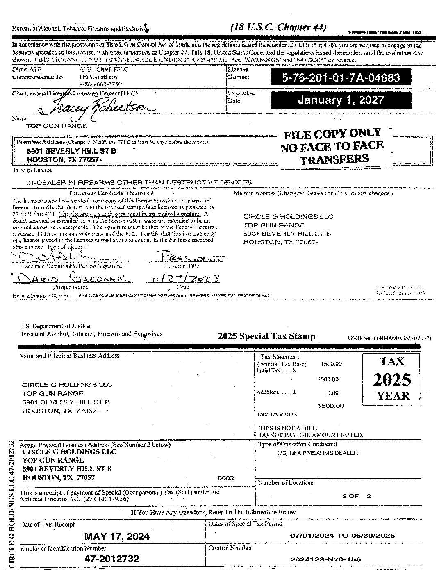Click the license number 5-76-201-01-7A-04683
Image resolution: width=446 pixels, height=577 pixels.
[x=341, y=77]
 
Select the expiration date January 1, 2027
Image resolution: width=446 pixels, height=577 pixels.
[x=341, y=100]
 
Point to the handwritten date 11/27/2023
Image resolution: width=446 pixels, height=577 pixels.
[x=182, y=279]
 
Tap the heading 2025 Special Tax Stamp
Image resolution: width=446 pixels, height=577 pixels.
[x=266, y=336]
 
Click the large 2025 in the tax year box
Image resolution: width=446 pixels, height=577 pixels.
[x=392, y=380]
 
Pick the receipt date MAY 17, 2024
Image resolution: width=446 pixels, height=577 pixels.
[x=117, y=536]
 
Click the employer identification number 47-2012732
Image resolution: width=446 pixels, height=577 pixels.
[x=112, y=559]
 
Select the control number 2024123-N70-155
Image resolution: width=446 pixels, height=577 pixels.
[x=325, y=559]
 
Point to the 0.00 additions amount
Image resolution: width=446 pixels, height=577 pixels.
[x=332, y=393]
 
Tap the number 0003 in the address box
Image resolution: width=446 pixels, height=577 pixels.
[x=225, y=478]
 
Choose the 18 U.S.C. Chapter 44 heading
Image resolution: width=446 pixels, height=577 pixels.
[x=278, y=27]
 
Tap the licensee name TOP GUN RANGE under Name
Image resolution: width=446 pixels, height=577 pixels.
[x=57, y=126]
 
